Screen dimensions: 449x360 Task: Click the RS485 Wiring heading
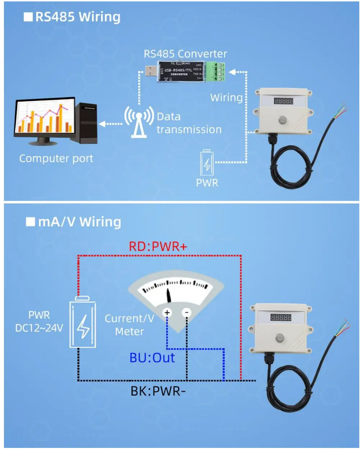(x=77, y=17)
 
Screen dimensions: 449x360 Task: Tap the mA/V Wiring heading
(x=79, y=222)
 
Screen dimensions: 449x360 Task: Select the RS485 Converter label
(x=185, y=54)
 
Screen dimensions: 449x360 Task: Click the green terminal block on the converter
(x=218, y=71)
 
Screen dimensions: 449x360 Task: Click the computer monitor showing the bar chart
(x=44, y=118)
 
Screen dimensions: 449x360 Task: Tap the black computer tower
(x=88, y=122)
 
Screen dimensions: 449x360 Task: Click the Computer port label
(x=56, y=158)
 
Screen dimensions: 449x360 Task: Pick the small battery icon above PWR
(x=207, y=163)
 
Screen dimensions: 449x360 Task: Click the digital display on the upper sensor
(x=284, y=101)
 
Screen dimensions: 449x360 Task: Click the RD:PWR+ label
(x=158, y=247)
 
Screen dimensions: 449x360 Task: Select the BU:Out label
(x=152, y=358)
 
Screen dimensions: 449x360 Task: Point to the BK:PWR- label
(x=158, y=391)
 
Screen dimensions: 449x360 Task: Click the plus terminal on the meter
(x=167, y=313)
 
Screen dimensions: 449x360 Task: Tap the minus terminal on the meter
(x=186, y=313)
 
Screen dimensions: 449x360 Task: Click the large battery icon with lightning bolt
(x=83, y=322)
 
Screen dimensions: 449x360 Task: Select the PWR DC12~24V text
(x=39, y=322)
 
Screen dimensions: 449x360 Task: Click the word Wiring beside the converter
(x=226, y=98)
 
